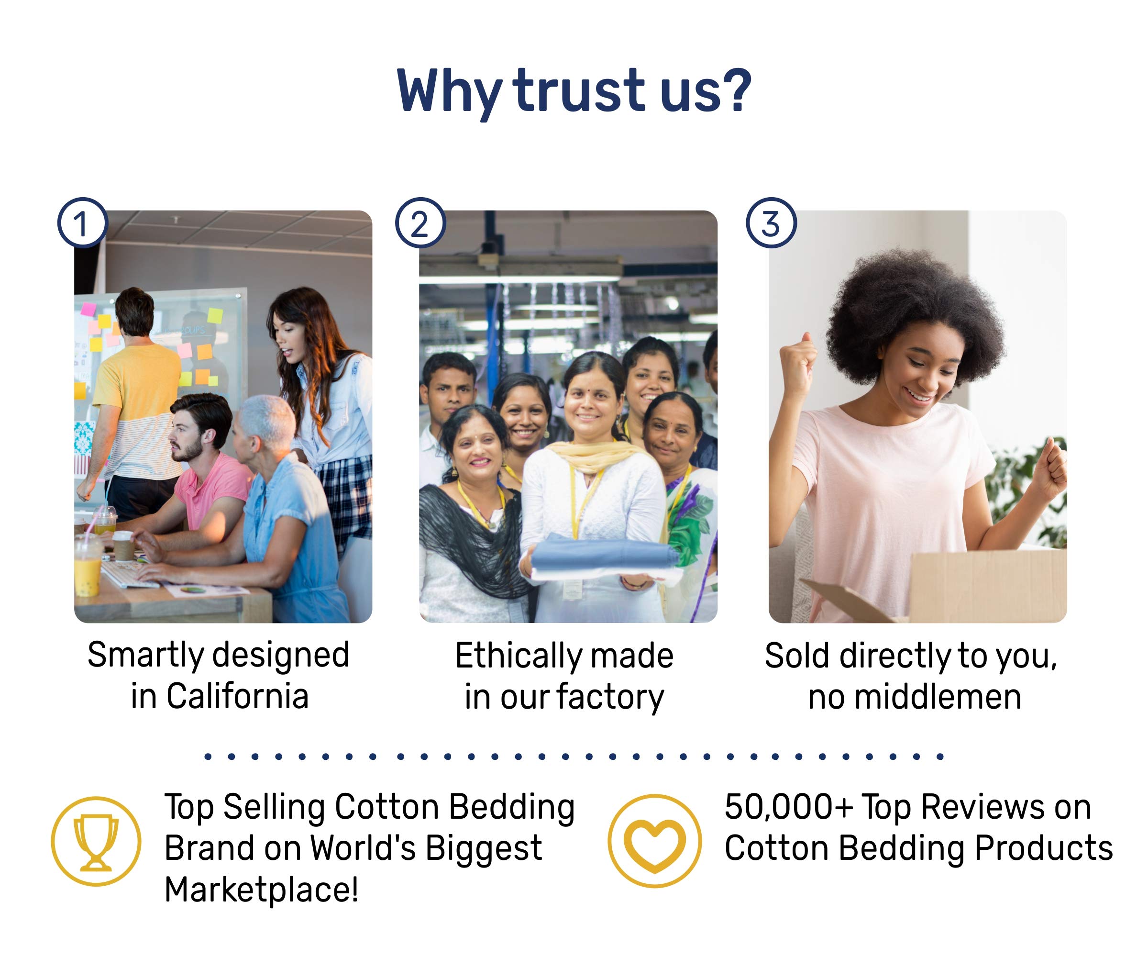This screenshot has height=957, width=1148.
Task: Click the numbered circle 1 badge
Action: point(83,223)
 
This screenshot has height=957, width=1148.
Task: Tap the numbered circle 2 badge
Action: point(420,223)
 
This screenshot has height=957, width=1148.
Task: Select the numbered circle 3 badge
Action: point(772,223)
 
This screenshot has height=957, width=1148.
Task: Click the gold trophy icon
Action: point(96,842)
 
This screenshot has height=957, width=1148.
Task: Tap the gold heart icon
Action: point(654,841)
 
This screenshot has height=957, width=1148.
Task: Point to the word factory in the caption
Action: point(611,698)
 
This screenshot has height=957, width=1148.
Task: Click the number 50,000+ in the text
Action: point(788,807)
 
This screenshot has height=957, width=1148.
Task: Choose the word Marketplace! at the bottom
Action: point(262,890)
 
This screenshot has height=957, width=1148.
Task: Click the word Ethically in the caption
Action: point(510,656)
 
